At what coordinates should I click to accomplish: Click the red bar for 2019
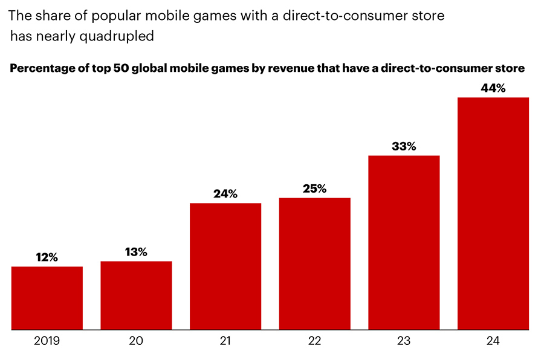47,298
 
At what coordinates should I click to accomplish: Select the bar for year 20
136,296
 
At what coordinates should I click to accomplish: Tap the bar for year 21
225,266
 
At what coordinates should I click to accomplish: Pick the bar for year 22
314,264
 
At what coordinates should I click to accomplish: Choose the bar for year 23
404,243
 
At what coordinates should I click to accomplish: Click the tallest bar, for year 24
493,214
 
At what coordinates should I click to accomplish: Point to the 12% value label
47,257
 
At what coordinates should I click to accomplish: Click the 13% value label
136,252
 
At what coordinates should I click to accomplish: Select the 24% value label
225,194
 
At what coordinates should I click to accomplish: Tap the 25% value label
314,188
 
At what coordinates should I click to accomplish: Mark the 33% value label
404,146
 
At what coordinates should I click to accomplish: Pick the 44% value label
493,88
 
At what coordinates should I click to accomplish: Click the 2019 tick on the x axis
47,342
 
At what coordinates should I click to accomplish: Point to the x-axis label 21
225,342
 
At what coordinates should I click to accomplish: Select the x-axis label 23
404,342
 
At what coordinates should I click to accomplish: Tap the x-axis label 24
493,342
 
